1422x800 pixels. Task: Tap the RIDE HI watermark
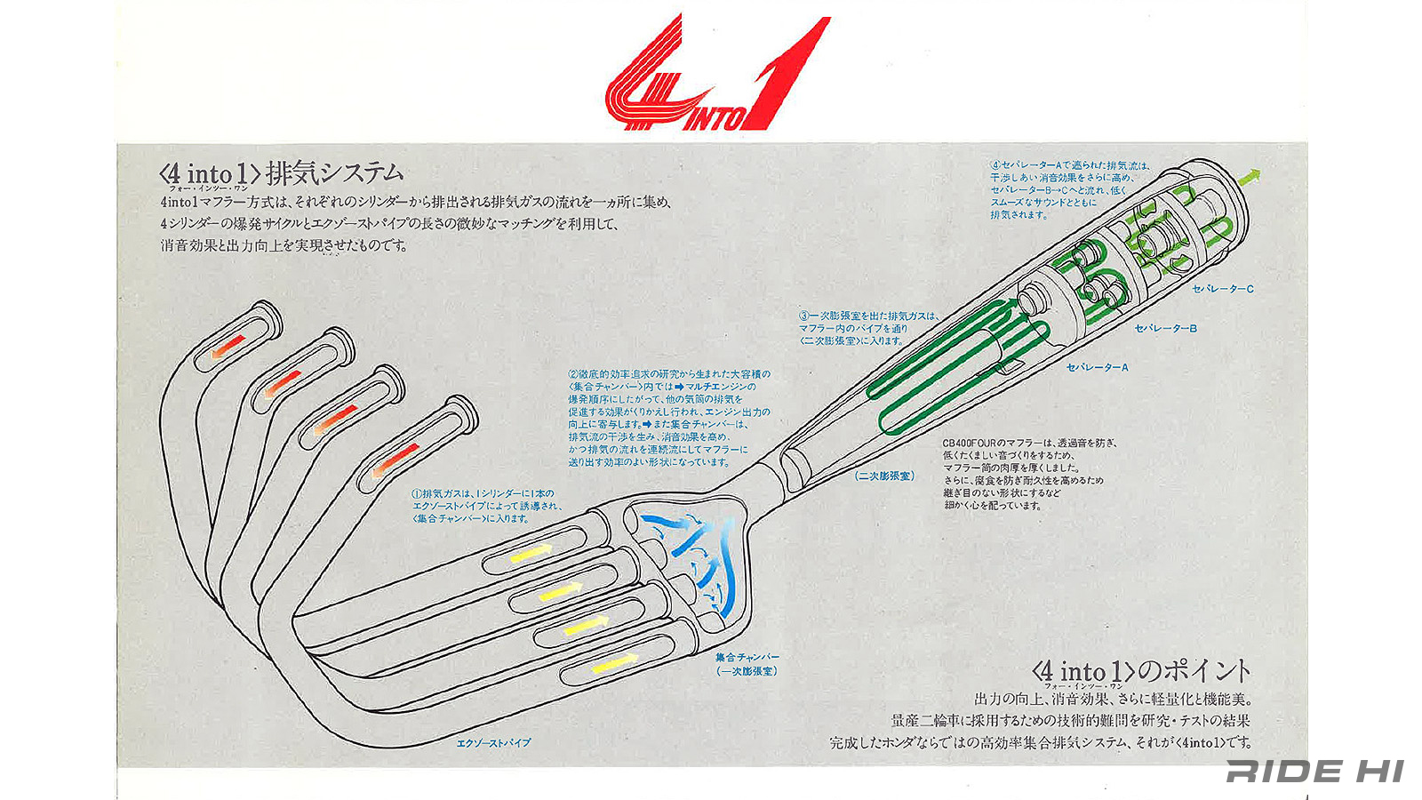coord(1314,771)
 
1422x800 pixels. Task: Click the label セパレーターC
coord(1223,289)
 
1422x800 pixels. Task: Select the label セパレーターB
coord(1166,328)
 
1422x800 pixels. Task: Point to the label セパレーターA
coord(1097,366)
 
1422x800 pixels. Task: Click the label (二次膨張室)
coord(884,476)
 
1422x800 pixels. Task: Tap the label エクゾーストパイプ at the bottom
coord(493,742)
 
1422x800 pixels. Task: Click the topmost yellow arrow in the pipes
coord(531,553)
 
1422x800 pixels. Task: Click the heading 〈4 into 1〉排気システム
coord(278,172)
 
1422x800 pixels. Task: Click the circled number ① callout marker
coord(415,494)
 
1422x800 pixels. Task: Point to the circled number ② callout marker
coord(573,375)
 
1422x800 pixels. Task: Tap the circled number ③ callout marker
coord(803,316)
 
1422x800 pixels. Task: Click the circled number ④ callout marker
coord(995,165)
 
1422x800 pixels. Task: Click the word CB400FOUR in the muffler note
coord(972,443)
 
